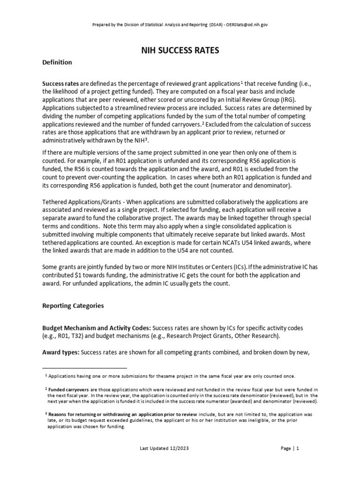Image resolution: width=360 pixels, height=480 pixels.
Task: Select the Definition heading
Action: pos(57,62)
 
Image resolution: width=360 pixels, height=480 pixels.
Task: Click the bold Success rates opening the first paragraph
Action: pos(57,83)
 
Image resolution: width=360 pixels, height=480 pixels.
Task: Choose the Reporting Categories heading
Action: pos(73,306)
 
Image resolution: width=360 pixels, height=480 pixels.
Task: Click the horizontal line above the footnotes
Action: pos(85,368)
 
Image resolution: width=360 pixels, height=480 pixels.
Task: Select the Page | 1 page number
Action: pos(290,448)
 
